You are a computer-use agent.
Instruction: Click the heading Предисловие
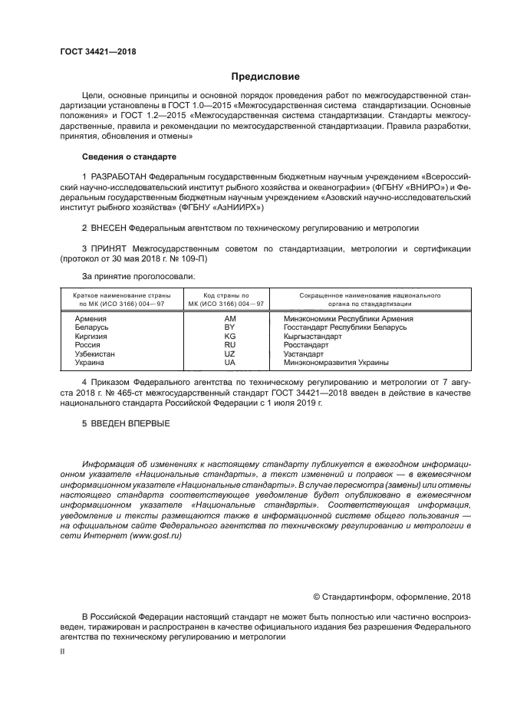coord(265,77)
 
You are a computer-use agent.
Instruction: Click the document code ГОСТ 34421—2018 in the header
coord(97,52)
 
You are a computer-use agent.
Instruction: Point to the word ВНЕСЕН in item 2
coord(107,229)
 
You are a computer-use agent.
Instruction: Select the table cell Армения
coord(91,318)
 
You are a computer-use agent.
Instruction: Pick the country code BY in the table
coord(229,327)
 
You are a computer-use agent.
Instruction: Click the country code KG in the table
coord(229,336)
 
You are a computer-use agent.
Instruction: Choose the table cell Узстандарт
coord(303,354)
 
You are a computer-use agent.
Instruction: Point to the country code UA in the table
coord(229,363)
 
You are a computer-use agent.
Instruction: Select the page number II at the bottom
coord(63,650)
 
